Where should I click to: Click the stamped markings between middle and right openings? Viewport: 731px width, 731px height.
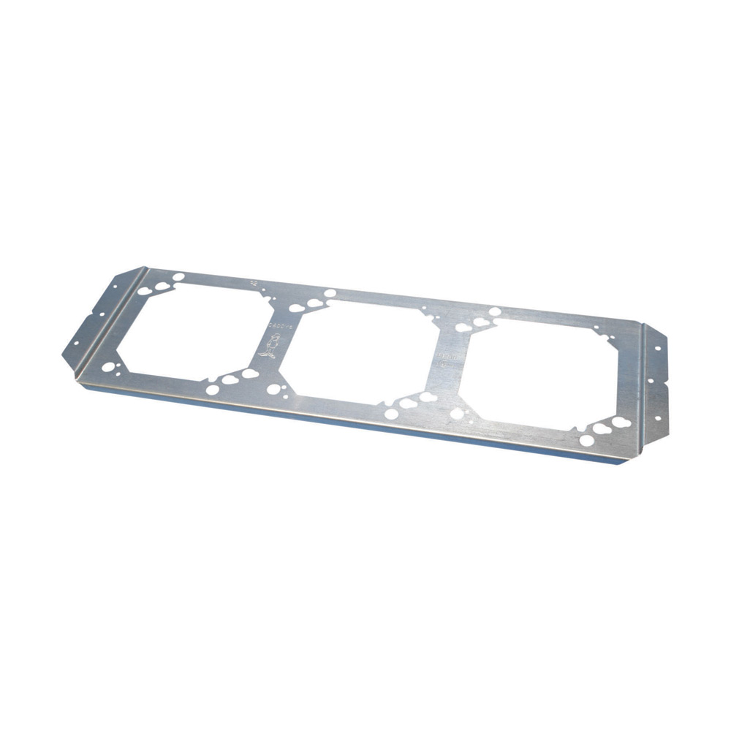click(444, 359)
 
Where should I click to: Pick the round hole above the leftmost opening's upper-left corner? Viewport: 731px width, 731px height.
click(178, 276)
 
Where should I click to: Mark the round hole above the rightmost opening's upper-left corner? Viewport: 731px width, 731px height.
click(495, 312)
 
